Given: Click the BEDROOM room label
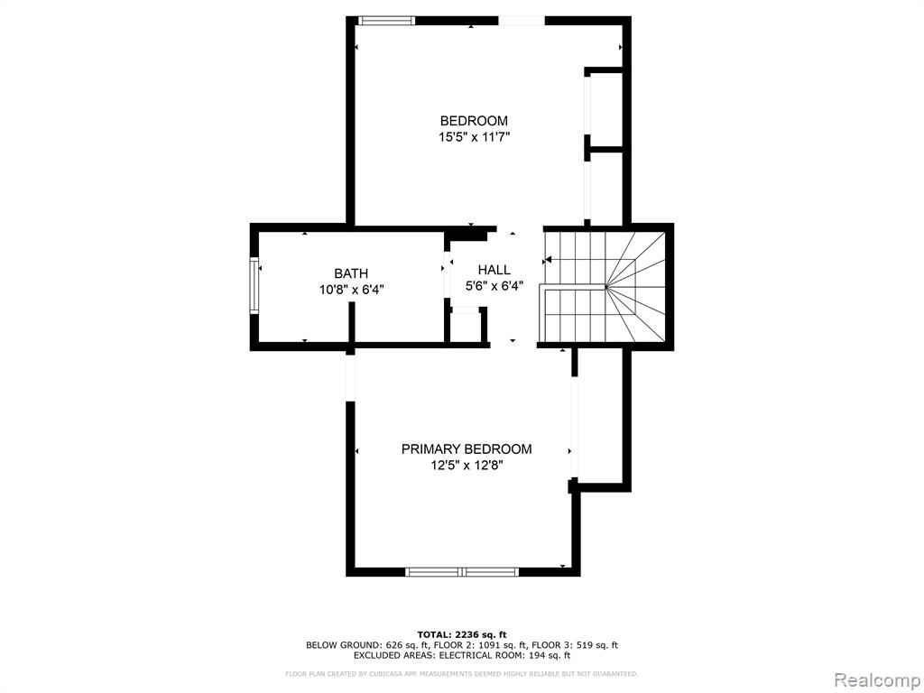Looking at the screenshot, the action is point(474,121).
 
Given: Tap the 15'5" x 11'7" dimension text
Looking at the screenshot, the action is point(474,137).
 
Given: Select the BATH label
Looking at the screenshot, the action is point(351,273).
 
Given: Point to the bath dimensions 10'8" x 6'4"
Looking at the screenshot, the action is point(352,290).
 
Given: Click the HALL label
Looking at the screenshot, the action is point(494,270).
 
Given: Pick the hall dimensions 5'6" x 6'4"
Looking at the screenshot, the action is point(494,286).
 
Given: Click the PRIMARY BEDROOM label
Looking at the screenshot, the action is point(467,449).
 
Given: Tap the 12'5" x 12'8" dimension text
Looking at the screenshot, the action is point(467,466).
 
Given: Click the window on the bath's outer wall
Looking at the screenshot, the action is point(254,286).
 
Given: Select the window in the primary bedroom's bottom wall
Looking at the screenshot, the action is point(463,571).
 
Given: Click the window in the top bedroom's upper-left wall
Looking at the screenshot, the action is point(386,21).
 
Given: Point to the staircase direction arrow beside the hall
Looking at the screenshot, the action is point(546,259).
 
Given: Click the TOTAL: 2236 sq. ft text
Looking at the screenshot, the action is point(462,634).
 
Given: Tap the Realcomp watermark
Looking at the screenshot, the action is point(876,680).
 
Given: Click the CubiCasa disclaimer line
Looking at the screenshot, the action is point(461,673).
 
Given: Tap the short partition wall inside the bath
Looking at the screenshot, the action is point(351,323).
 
